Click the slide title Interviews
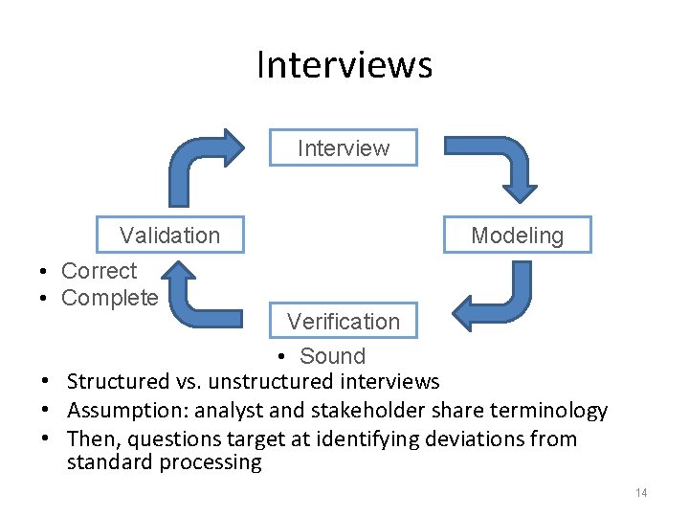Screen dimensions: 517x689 coord(344,65)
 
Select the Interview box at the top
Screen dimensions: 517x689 coord(344,148)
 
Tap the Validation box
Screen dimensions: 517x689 coord(169,236)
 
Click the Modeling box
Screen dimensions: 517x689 coord(517,236)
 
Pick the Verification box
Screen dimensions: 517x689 coord(344,322)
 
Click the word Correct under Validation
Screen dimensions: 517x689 coord(99,271)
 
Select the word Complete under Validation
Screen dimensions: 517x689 coord(109,298)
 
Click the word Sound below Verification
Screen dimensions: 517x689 coord(332,356)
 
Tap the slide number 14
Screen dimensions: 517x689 coord(640,492)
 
